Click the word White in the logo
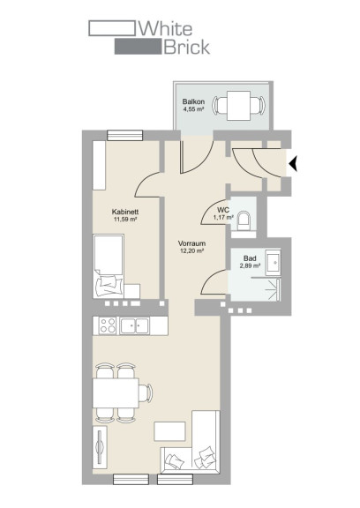tap(166, 28)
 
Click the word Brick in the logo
tap(187, 47)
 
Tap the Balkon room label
tap(193, 101)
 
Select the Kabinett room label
tap(125, 212)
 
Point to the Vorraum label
tap(191, 243)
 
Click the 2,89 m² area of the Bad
tap(251, 266)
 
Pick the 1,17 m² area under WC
tap(223, 217)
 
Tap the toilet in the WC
tap(244, 220)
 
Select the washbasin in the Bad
tap(273, 262)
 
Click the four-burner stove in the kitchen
tap(108, 325)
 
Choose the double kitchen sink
tap(134, 325)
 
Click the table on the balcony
tap(238, 105)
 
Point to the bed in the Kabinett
tap(109, 266)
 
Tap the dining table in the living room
tap(116, 393)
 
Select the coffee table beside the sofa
tap(169, 431)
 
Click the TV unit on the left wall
tap(100, 446)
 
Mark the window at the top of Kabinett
tap(125, 136)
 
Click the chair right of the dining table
tap(146, 393)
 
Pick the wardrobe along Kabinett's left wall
tap(99, 165)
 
